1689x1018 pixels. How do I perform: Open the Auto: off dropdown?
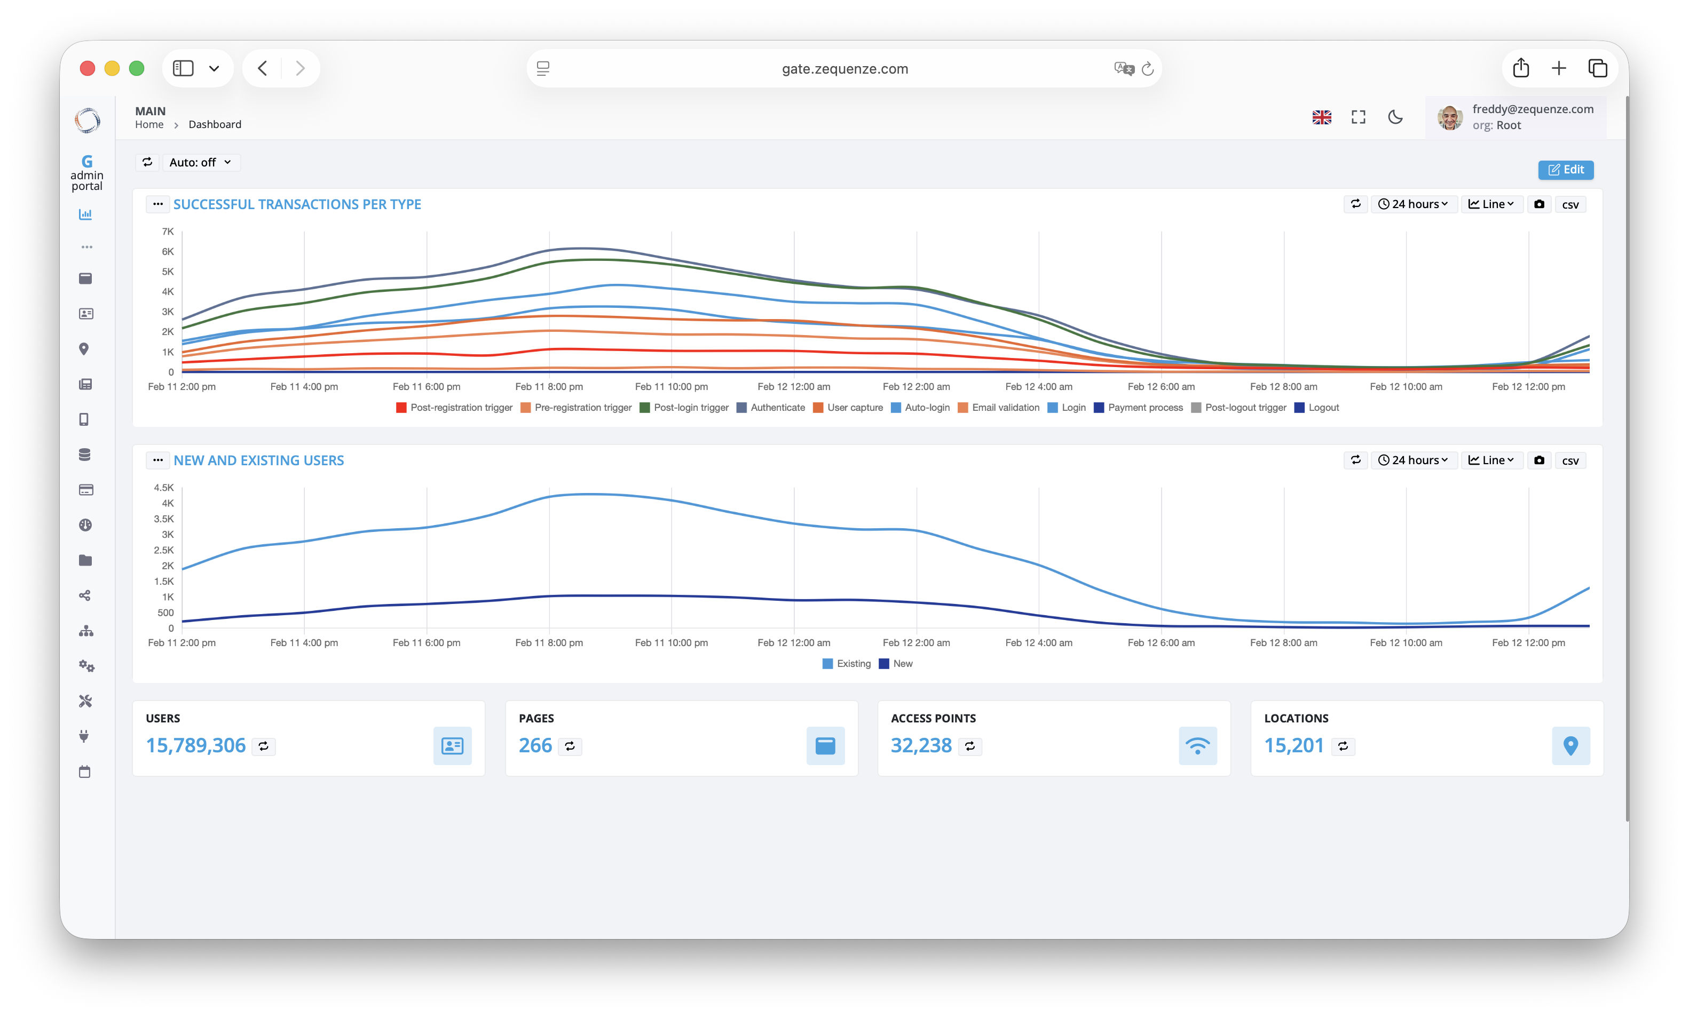coord(200,162)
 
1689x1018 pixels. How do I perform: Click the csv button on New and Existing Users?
coord(1570,460)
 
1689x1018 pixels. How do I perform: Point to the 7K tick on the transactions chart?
coord(168,232)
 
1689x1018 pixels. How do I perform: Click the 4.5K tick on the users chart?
coord(164,488)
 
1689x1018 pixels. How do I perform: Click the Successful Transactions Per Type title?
coord(297,204)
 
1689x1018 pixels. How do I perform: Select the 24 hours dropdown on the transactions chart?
coord(1413,204)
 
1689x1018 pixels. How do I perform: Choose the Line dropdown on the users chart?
coord(1491,460)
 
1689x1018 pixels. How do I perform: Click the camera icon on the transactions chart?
coord(1539,204)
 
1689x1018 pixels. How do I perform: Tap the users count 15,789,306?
coord(195,745)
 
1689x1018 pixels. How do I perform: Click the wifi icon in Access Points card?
coord(1197,745)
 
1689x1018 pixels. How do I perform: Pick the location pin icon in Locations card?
coord(1570,745)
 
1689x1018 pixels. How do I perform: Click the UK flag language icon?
coord(1322,117)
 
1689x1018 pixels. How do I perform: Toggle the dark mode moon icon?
coord(1395,117)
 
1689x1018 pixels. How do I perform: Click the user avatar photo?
coord(1449,118)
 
